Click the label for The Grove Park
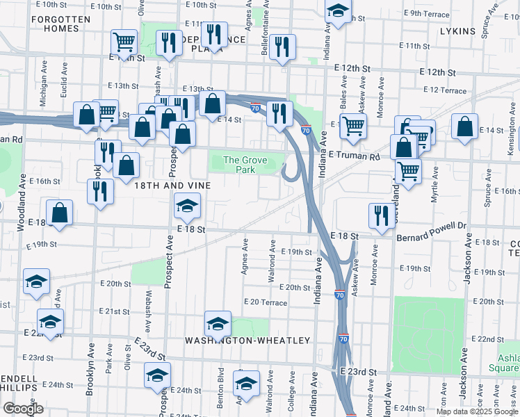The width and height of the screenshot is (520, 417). coord(245,165)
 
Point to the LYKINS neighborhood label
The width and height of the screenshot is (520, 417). coord(457,31)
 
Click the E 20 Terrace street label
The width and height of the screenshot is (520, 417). coord(265,302)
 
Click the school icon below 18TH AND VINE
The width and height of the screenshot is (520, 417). coord(186,205)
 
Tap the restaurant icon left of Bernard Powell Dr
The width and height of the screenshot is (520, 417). coord(380,215)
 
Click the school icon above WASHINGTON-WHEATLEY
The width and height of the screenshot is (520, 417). coord(218,323)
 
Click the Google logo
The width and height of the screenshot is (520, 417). coord(23,409)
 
